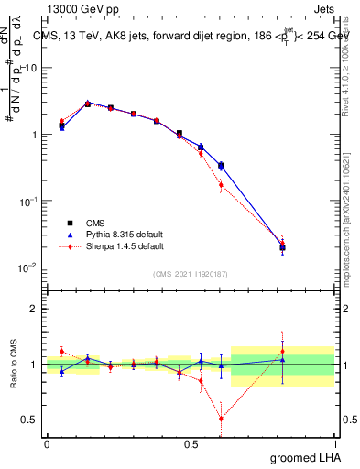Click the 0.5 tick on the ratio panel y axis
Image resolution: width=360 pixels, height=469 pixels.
[x=29, y=420]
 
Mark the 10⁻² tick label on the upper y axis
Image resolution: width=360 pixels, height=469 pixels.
[x=28, y=267]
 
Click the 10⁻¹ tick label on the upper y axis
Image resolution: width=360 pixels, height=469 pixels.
[x=28, y=201]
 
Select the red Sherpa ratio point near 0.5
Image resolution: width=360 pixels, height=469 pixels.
[x=201, y=381]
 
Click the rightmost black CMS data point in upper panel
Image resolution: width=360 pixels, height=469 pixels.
[x=282, y=247]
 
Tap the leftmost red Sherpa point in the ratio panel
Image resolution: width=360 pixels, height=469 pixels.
[x=61, y=351]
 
